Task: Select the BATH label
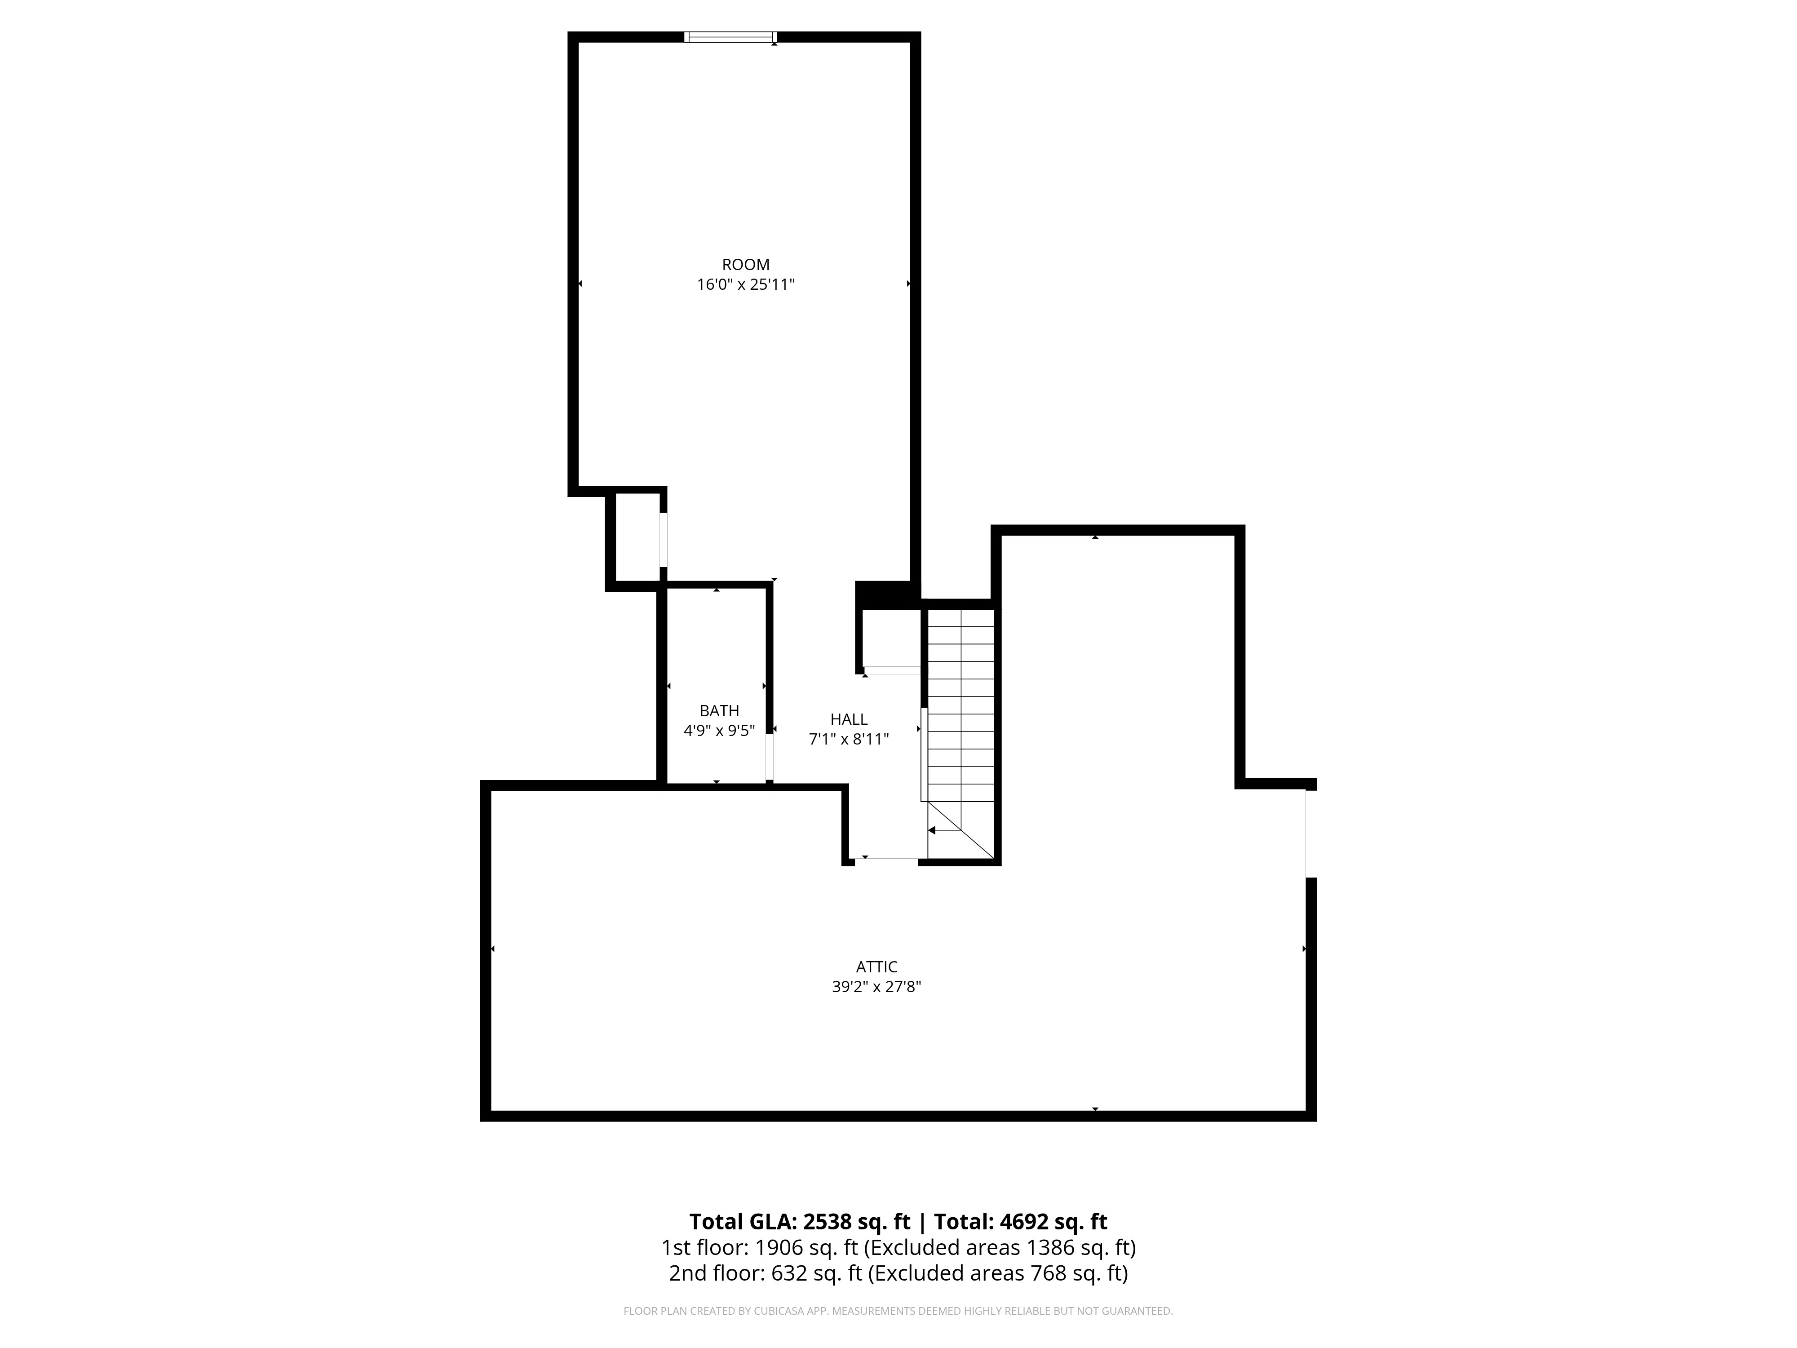[x=719, y=711]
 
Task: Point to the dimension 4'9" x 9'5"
[x=719, y=731]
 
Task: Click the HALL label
[x=849, y=719]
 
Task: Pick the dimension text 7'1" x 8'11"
[x=849, y=740]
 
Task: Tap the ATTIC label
[x=876, y=967]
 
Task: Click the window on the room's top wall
[x=730, y=36]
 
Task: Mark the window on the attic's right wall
[x=1310, y=834]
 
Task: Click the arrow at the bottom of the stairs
[x=943, y=830]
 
